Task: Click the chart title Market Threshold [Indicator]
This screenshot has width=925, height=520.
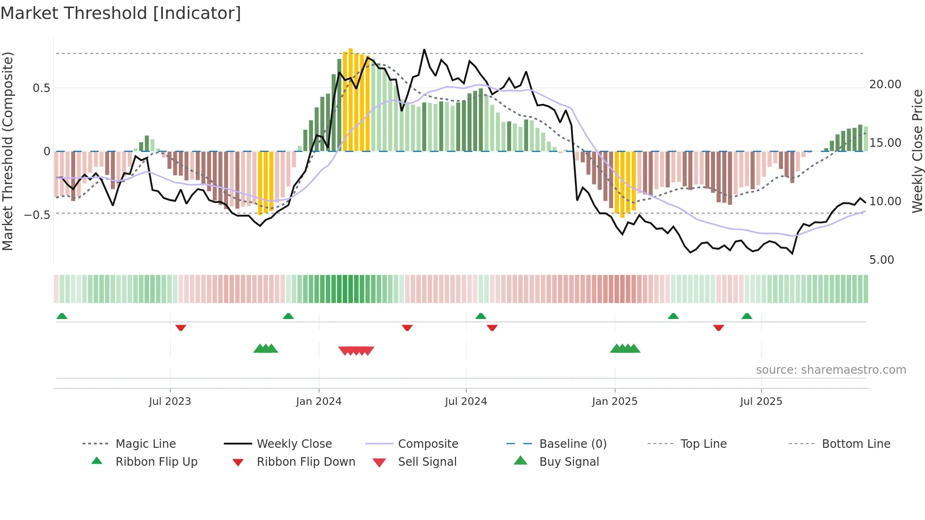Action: [121, 13]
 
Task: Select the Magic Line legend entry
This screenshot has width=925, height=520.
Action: [145, 444]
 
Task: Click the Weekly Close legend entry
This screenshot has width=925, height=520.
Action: [294, 444]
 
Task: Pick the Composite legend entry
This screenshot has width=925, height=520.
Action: [428, 444]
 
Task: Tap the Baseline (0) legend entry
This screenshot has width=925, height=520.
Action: [572, 444]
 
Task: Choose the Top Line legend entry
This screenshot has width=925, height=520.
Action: [703, 444]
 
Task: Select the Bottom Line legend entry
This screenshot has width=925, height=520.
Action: [856, 444]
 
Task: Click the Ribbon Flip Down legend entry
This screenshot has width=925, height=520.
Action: [305, 461]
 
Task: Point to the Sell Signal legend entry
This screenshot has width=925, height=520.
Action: [427, 461]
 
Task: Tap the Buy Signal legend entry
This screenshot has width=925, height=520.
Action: [569, 461]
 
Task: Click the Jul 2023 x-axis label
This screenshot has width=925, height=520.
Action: [170, 401]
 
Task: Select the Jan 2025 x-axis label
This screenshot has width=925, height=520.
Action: [614, 401]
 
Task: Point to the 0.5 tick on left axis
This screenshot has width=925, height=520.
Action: [41, 88]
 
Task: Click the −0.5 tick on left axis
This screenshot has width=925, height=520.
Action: [37, 215]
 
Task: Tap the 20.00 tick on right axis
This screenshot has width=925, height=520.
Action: [885, 84]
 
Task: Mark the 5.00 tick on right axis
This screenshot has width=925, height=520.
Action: [881, 260]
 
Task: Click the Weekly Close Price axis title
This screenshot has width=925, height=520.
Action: [917, 151]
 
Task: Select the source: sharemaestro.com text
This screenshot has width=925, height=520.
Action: [831, 369]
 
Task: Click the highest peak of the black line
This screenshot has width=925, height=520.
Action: [424, 50]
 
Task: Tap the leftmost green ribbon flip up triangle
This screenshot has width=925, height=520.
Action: [62, 316]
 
